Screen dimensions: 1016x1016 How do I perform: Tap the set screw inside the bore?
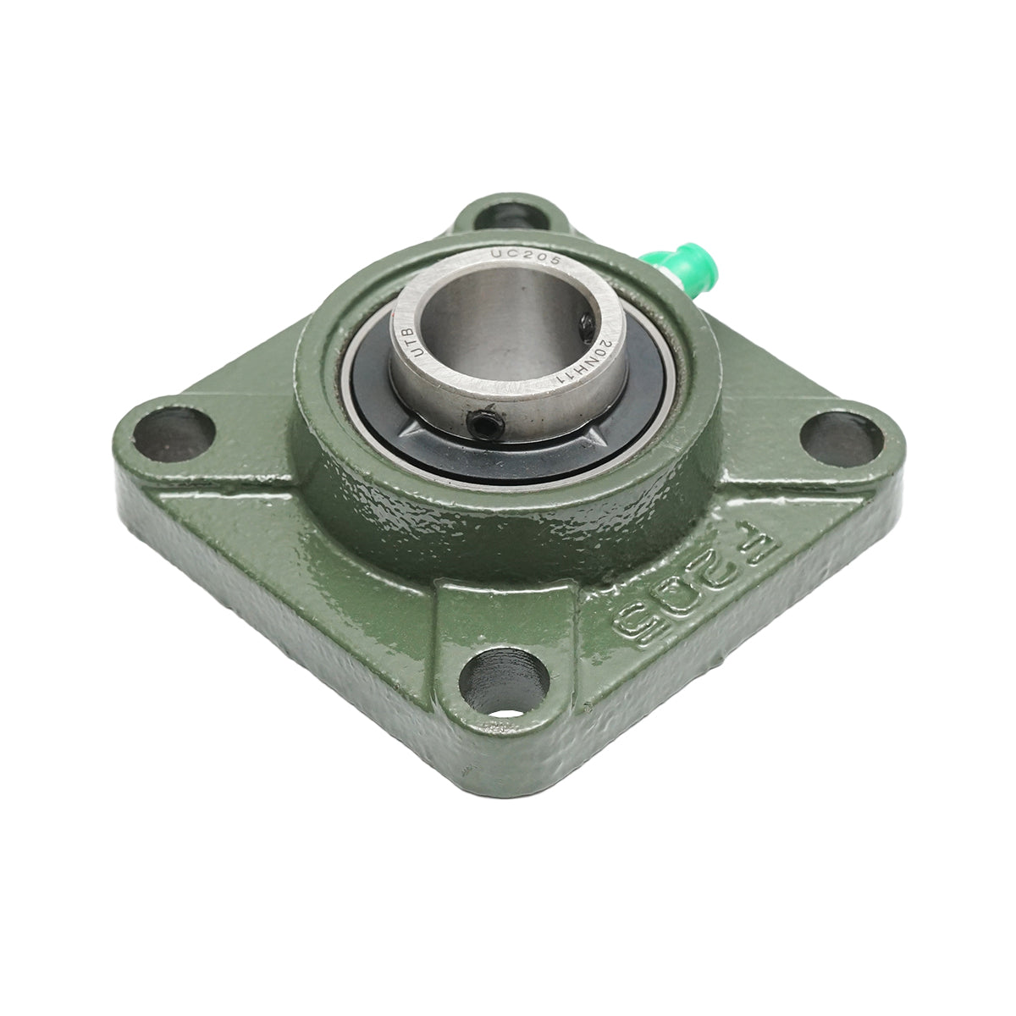586,325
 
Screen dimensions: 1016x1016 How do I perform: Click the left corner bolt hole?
174,433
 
